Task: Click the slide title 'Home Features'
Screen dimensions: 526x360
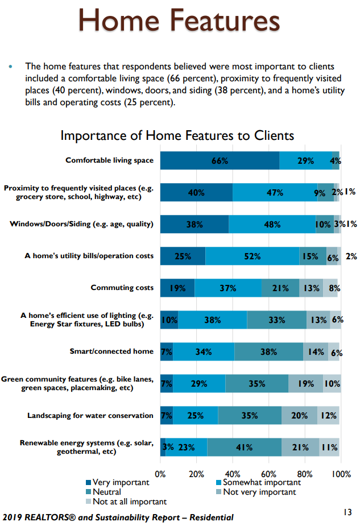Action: click(x=180, y=22)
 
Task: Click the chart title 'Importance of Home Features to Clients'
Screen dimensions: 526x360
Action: click(x=177, y=136)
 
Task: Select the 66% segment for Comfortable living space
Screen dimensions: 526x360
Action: click(x=220, y=161)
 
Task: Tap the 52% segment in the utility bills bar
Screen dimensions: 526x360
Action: click(x=252, y=256)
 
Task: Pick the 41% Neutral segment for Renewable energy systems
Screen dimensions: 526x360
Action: click(x=244, y=447)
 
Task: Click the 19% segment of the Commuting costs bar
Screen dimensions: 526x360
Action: click(x=177, y=288)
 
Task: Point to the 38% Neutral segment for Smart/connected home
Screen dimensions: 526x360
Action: click(x=268, y=351)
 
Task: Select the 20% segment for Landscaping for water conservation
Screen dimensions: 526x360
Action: click(x=299, y=416)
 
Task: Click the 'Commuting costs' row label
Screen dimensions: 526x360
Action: click(x=122, y=288)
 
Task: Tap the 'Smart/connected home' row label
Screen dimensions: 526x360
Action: click(x=111, y=351)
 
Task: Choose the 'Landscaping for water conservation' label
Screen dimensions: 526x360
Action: click(x=90, y=416)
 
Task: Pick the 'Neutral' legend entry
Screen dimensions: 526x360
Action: click(x=107, y=492)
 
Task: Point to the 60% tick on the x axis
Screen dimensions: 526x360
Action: click(x=268, y=474)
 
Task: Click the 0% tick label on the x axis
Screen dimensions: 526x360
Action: click(x=160, y=474)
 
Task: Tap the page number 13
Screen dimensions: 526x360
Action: click(x=347, y=513)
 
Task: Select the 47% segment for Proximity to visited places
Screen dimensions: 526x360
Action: click(x=275, y=193)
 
